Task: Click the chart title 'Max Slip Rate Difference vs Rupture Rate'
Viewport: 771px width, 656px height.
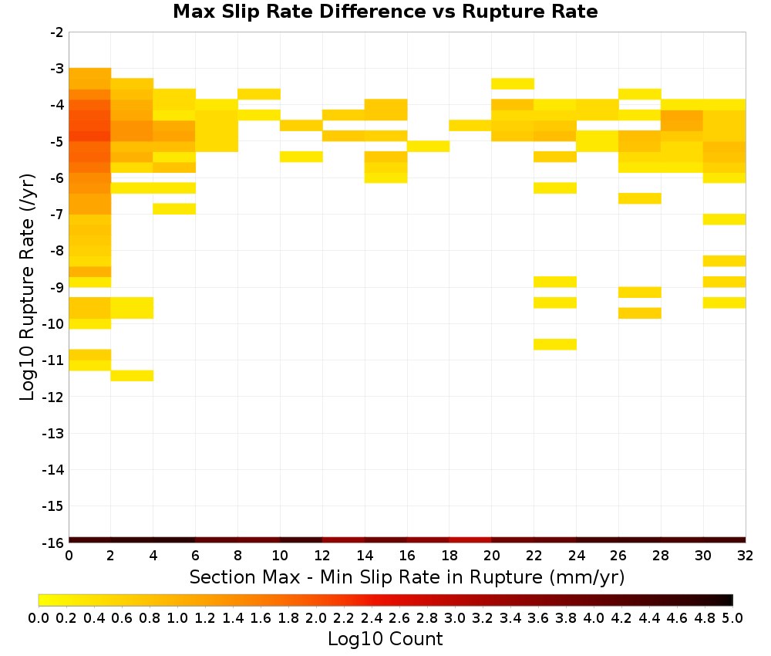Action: click(x=385, y=12)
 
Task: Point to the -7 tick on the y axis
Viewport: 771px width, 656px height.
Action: click(x=57, y=215)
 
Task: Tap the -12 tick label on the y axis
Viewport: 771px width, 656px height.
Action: click(x=54, y=397)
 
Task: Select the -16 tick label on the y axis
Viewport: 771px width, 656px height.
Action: click(x=54, y=543)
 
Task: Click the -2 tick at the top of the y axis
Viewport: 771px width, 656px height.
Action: click(x=57, y=32)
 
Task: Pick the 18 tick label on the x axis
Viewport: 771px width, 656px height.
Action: click(x=449, y=556)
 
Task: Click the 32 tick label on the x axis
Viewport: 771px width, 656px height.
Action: click(x=746, y=556)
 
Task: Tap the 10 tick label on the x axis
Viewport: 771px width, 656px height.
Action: click(x=281, y=556)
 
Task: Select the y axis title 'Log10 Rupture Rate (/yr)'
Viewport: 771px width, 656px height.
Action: click(x=28, y=287)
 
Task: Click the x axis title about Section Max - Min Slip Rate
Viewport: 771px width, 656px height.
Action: click(x=407, y=577)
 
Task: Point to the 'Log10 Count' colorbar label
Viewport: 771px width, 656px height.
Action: click(x=385, y=639)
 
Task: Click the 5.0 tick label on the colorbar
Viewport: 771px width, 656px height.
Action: click(x=732, y=618)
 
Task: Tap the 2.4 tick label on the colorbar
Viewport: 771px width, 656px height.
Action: click(x=372, y=618)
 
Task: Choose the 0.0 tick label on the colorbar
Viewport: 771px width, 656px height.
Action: click(x=39, y=618)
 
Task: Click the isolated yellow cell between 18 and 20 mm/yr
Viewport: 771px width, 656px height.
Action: click(x=470, y=126)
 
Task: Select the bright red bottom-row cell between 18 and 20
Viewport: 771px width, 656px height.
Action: click(x=470, y=540)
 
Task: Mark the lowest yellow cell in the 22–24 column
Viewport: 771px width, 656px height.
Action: click(x=555, y=344)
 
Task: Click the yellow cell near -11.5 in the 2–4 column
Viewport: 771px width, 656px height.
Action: click(x=133, y=376)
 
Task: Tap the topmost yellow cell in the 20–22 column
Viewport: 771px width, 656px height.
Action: click(x=513, y=83)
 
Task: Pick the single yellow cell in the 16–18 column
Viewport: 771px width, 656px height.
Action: click(x=428, y=146)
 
